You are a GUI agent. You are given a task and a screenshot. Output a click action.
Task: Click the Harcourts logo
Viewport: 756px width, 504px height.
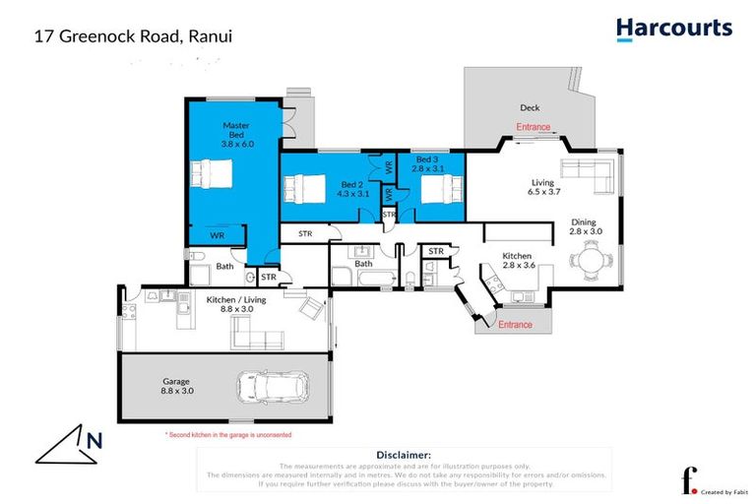674,29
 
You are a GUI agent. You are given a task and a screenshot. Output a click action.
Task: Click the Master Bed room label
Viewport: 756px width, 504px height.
237,135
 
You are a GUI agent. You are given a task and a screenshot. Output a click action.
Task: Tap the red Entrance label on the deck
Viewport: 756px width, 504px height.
534,127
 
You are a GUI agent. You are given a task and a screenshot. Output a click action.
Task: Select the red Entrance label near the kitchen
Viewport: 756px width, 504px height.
515,325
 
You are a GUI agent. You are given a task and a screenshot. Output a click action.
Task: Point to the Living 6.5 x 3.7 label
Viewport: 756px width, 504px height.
542,187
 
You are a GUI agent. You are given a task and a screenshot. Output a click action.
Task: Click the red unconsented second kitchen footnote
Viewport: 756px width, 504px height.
227,434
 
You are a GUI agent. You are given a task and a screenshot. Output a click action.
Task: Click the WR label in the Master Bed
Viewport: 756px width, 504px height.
217,235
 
